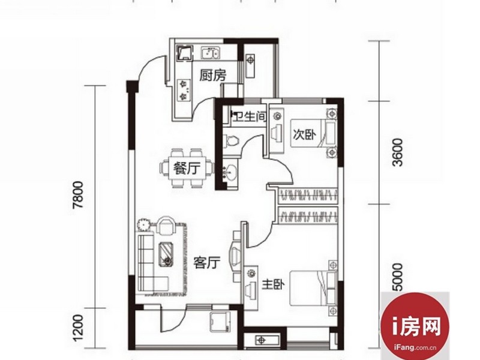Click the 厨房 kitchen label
(x=213, y=76)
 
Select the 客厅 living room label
(x=207, y=263)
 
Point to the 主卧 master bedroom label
(x=273, y=286)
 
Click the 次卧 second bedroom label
(x=305, y=134)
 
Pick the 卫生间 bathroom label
(x=248, y=116)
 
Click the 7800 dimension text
(x=78, y=195)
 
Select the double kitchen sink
(x=209, y=53)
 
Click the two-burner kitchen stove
(x=184, y=91)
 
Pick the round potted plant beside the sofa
(x=143, y=224)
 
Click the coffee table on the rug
(x=167, y=254)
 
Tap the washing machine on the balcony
(x=220, y=322)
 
